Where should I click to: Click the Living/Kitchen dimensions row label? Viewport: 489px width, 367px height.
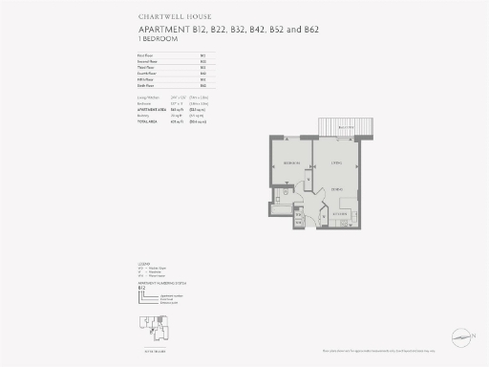coord(152,99)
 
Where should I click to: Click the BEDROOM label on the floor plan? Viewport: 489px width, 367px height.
coord(290,163)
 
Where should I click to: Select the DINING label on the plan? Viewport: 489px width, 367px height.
coord(337,192)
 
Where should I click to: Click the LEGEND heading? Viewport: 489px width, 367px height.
coord(144,263)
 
